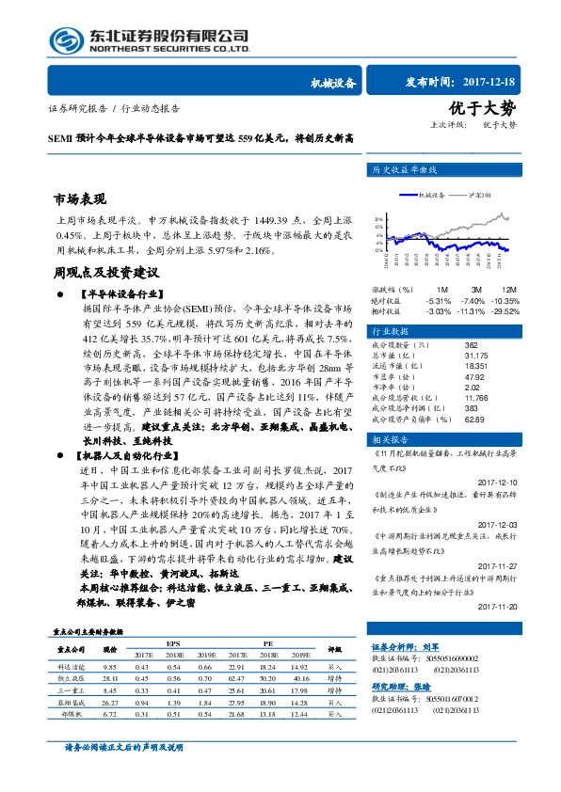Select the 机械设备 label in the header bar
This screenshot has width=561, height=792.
tap(333, 83)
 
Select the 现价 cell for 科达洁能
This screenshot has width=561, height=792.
tap(109, 665)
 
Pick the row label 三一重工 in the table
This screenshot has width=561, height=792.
tap(71, 689)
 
